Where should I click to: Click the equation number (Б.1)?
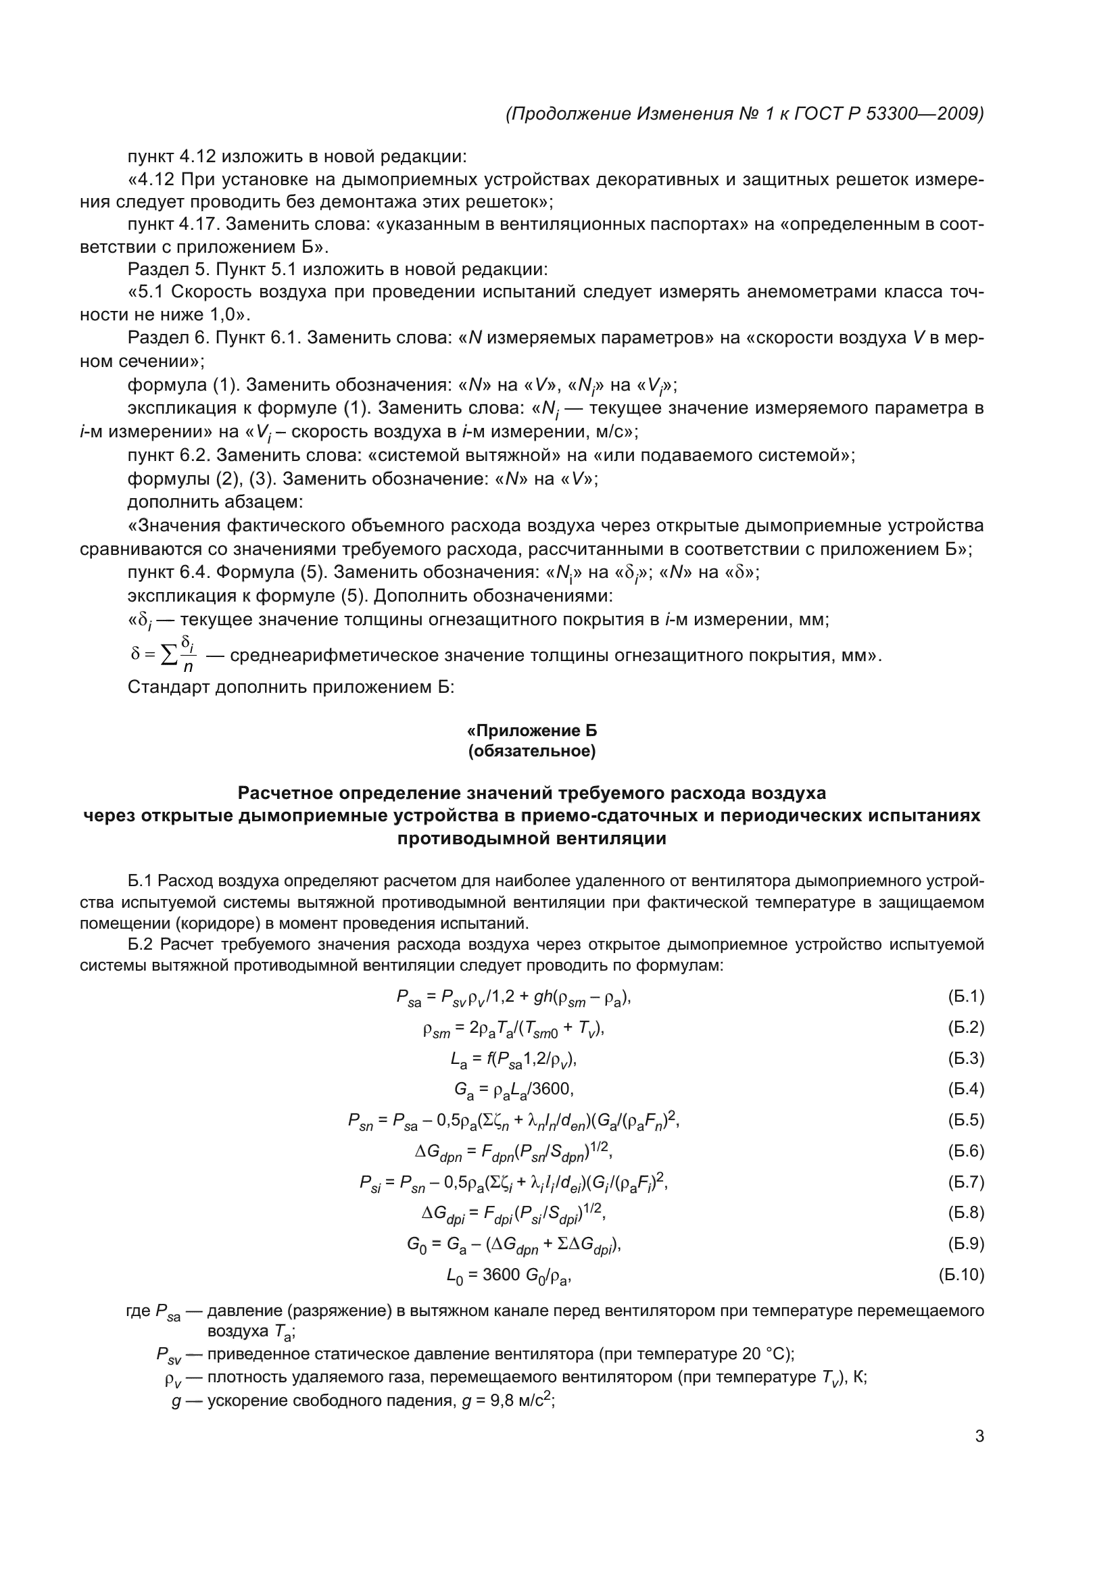click(966, 996)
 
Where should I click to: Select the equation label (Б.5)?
click(966, 1120)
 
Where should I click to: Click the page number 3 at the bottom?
click(979, 1436)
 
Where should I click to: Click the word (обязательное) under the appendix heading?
click(531, 750)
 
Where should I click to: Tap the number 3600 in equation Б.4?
click(550, 1090)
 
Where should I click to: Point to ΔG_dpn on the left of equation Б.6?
click(438, 1152)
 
